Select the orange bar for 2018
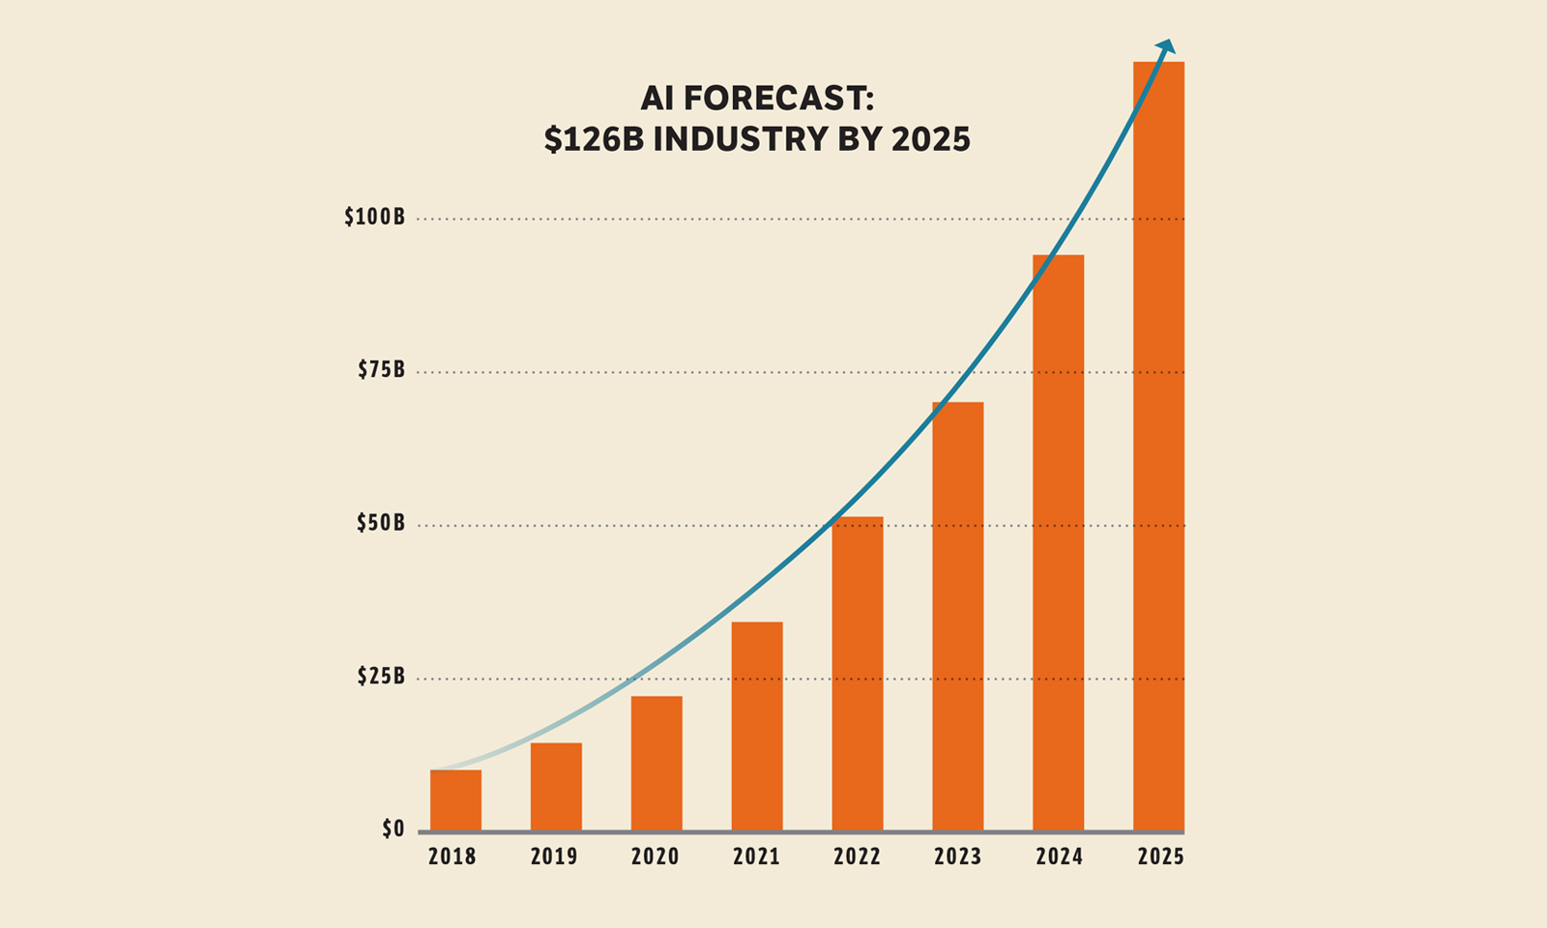pyautogui.click(x=455, y=800)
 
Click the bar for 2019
pyautogui.click(x=556, y=787)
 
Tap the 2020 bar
pyautogui.click(x=657, y=764)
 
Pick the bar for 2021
pyautogui.click(x=757, y=727)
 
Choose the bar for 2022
pyautogui.click(x=858, y=675)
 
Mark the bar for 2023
pyautogui.click(x=958, y=617)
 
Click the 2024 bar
pyautogui.click(x=1059, y=543)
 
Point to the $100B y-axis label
pyautogui.click(x=375, y=217)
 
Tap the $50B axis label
pyautogui.click(x=381, y=524)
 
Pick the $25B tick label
pyautogui.click(x=381, y=677)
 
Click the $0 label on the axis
pyautogui.click(x=394, y=829)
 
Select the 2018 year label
pyautogui.click(x=452, y=857)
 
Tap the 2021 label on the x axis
pyautogui.click(x=756, y=857)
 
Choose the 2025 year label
pyautogui.click(x=1160, y=857)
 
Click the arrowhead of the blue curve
pyautogui.click(x=1168, y=45)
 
